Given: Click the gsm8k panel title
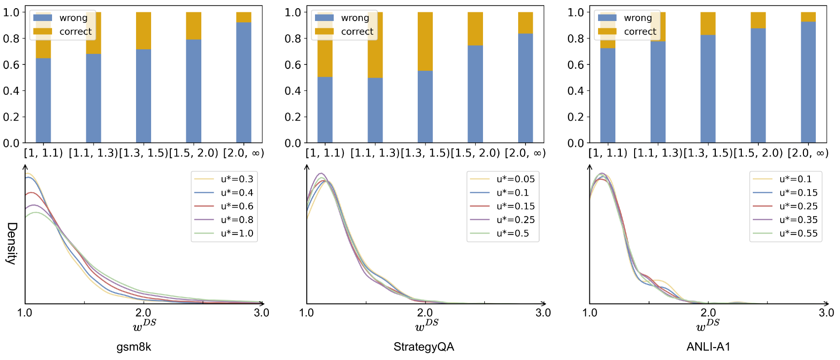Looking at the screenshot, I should tap(134, 347).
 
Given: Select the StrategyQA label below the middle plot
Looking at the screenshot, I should tap(424, 347).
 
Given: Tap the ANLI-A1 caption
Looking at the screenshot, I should tap(708, 347).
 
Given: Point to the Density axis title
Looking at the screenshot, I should tap(11, 243).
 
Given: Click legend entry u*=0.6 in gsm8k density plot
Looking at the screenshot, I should tap(236, 206).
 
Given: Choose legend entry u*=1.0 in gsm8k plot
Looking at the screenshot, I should tap(236, 233).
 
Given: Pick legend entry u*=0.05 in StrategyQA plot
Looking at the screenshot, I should tap(515, 179).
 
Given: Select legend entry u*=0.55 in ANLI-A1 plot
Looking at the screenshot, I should tap(798, 233).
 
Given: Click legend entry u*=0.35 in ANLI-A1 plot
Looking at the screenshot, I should tap(798, 219).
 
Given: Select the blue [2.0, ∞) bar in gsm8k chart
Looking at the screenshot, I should tap(244, 82).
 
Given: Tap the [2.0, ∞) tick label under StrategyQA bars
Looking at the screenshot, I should tap(525, 153).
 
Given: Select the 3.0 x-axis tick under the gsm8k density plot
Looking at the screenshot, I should tap(262, 313).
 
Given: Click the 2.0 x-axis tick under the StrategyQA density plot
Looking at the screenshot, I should tap(425, 313).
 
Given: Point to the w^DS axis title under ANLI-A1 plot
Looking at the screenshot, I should tap(708, 324).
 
